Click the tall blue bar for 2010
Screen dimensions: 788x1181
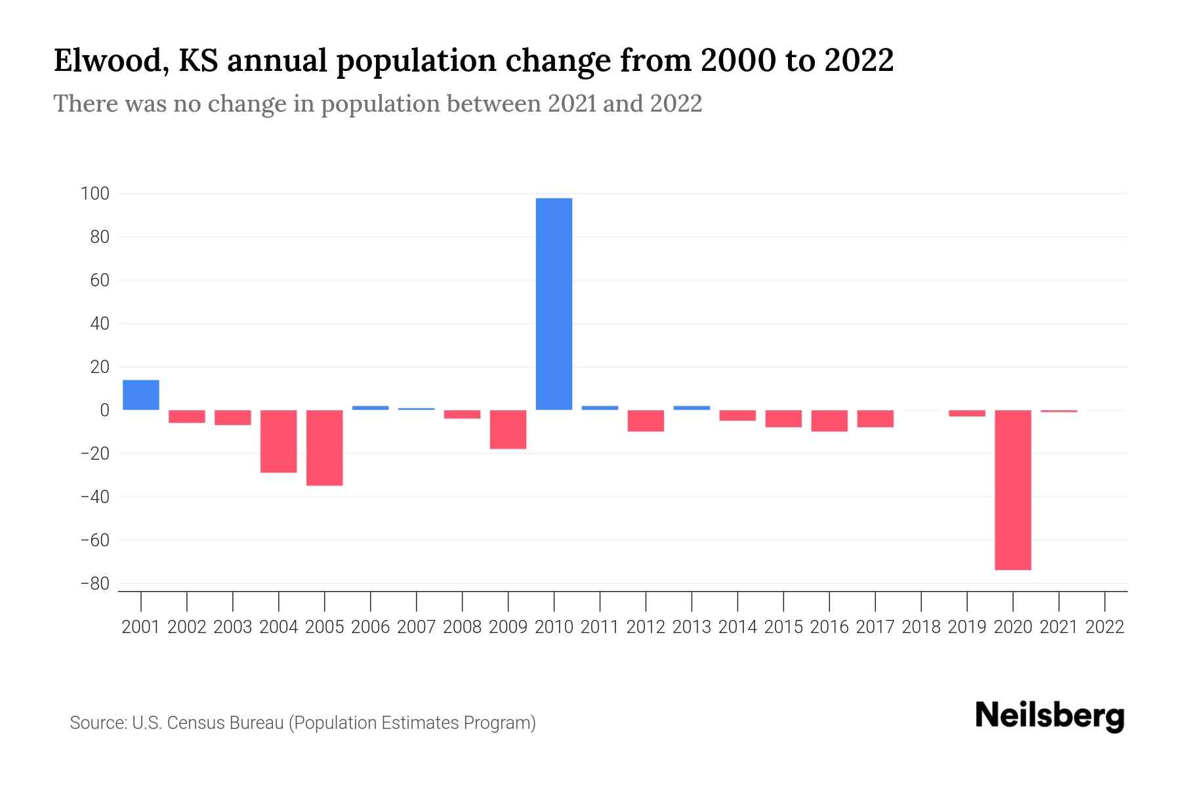(x=554, y=303)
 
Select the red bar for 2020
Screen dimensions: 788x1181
(x=1013, y=490)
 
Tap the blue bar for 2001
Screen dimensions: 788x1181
(x=141, y=395)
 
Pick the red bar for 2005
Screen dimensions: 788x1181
(x=325, y=447)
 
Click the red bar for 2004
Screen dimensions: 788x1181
(x=279, y=441)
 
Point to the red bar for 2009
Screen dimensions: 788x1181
(x=508, y=429)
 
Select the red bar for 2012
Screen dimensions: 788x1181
(x=646, y=420)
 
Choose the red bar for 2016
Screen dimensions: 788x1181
(x=829, y=420)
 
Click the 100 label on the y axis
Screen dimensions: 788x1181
(x=94, y=194)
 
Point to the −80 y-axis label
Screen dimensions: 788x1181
(x=94, y=583)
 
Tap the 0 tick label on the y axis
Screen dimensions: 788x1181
(x=104, y=410)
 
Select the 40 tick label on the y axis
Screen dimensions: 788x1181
(x=99, y=324)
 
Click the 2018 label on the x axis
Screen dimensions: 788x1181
(x=921, y=627)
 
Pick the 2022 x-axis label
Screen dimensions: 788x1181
(x=1105, y=627)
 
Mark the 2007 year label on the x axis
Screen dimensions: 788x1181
(x=416, y=627)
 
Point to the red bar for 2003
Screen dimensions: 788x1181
(x=233, y=417)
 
